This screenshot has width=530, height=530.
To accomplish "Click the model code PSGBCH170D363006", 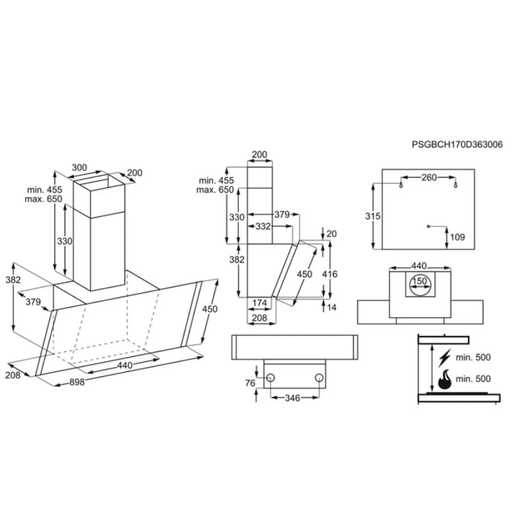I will point(457,144).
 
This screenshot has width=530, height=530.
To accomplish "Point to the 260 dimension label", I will point(429,178).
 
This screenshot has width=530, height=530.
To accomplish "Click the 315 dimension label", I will point(373,216).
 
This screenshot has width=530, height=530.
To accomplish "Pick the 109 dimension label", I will point(458,237).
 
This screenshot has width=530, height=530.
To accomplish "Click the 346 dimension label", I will point(292,398).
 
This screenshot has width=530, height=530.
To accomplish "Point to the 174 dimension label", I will point(260,303).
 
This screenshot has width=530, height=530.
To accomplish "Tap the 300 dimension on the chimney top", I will point(79,168).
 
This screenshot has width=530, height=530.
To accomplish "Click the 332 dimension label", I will point(263,226).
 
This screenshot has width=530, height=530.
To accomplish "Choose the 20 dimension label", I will point(331,234).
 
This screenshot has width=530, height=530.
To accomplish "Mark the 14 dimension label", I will point(331,307).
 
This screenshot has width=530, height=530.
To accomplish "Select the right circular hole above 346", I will point(319,378).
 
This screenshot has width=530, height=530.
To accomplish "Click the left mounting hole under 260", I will point(401,185).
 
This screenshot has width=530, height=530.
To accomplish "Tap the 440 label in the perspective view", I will point(124,366).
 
